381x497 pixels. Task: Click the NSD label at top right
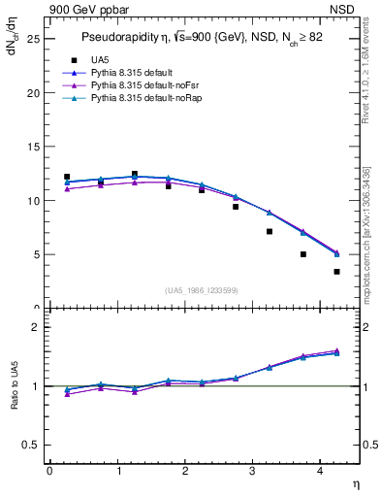pyautogui.click(x=342, y=9)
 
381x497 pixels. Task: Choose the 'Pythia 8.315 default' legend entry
pyautogui.click(x=136, y=73)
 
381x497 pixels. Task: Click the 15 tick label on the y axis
pyautogui.click(x=32, y=148)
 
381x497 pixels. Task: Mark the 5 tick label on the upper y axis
pyautogui.click(x=35, y=255)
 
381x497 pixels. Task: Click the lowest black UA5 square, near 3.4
pyautogui.click(x=336, y=272)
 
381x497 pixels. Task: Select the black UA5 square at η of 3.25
pyautogui.click(x=270, y=231)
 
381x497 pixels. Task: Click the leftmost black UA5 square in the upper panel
pyautogui.click(x=67, y=177)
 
